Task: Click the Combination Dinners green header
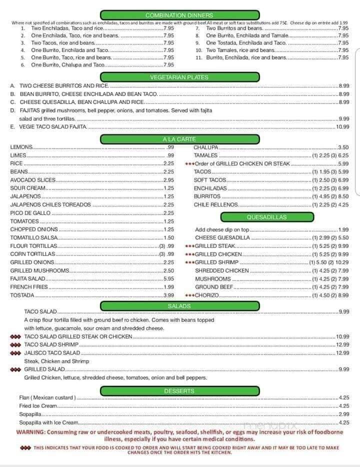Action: point(179,15)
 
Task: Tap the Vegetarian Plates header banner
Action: point(179,77)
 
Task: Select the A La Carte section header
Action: point(179,139)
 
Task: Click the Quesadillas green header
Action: point(266,217)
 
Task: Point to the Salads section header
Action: point(179,305)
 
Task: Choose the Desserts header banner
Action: point(179,390)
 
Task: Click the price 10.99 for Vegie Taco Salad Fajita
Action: point(342,127)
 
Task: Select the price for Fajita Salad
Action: point(168,278)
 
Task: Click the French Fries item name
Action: point(29,287)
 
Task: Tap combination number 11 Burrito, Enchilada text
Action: point(246,57)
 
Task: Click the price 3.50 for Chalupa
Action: point(343,147)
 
